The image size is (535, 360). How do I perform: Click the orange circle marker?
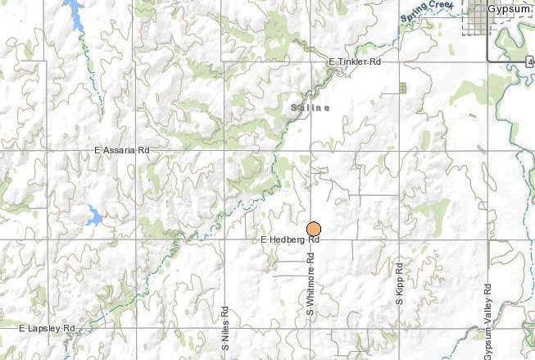tap(314, 230)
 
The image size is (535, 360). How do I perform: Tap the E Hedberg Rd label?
tap(288, 240)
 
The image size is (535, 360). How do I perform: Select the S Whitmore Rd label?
tap(311, 284)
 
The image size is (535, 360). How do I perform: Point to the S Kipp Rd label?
tap(399, 284)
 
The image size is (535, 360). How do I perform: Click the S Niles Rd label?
tap(224, 330)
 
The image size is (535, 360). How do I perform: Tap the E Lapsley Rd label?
tap(46, 328)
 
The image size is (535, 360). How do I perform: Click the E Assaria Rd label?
tap(123, 150)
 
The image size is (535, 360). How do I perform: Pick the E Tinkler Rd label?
tap(355, 62)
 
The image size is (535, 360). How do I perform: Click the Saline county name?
tap(311, 107)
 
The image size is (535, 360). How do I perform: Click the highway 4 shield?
tap(531, 61)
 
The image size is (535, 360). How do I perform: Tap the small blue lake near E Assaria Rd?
tap(93, 217)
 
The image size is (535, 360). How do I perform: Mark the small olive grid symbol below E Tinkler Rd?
tap(402, 87)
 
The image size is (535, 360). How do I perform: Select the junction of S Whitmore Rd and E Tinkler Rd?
tap(311, 62)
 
